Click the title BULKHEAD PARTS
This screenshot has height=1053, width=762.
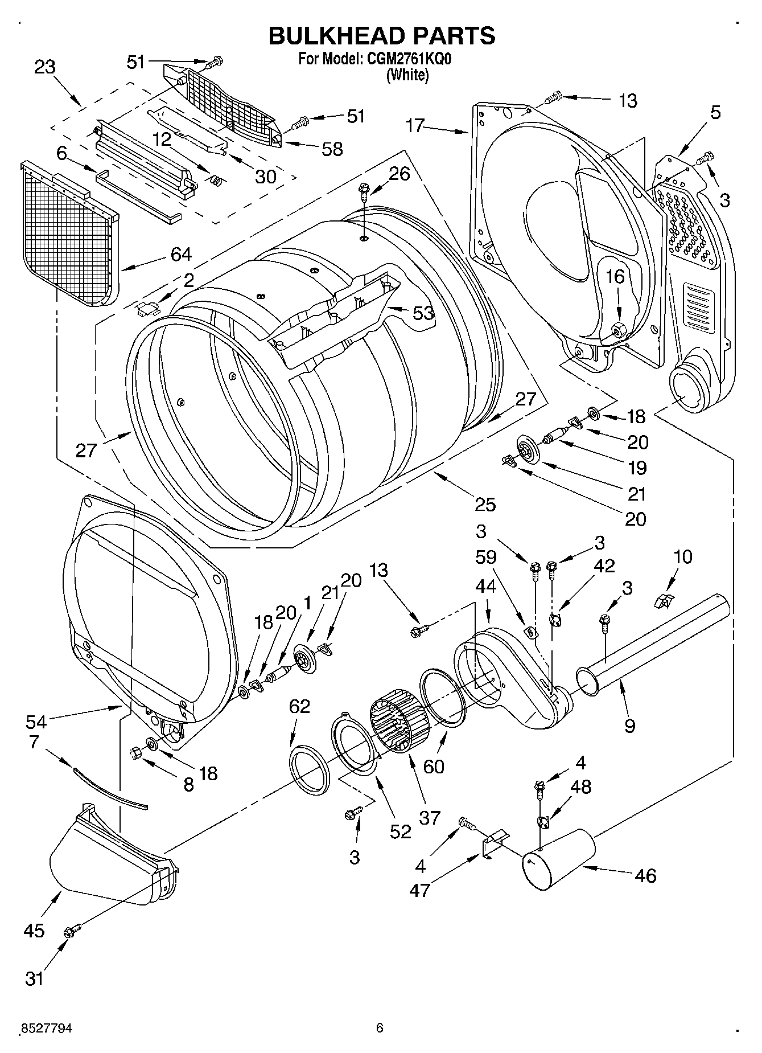click(x=381, y=35)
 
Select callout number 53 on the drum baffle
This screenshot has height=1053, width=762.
click(x=423, y=313)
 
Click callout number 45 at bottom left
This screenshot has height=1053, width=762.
click(x=34, y=931)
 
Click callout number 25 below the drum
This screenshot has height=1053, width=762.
click(x=485, y=504)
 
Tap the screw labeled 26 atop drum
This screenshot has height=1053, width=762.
click(x=363, y=190)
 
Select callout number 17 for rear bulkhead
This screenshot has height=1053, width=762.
click(x=415, y=125)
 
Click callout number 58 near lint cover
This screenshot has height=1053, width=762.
click(x=332, y=149)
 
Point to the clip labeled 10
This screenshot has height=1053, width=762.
click(x=663, y=600)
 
